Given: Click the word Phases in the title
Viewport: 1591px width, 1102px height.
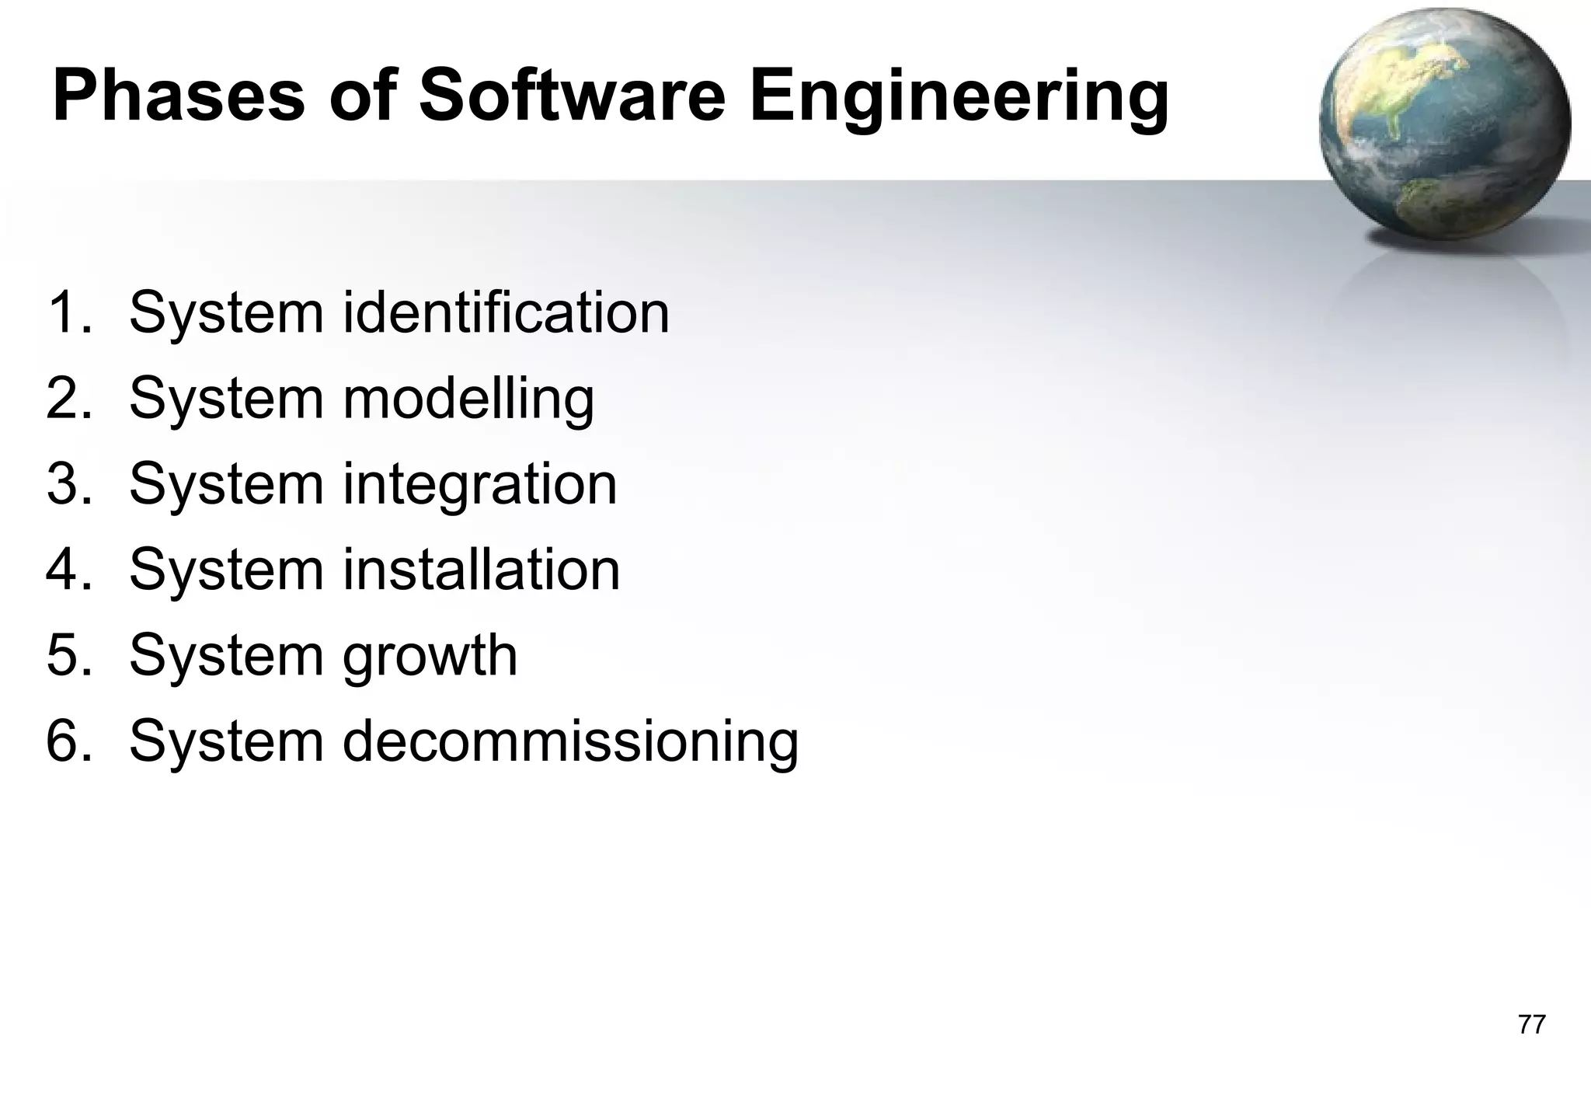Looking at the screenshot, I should pos(179,97).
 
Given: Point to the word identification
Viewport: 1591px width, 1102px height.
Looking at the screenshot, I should pos(506,312).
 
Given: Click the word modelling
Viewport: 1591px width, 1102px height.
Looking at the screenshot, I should pos(468,399).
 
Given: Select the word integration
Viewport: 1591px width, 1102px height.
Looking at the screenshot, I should pos(480,485).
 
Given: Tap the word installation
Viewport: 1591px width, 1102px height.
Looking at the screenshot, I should pos(482,570).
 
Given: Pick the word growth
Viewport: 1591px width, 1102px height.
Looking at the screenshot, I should pos(430,657).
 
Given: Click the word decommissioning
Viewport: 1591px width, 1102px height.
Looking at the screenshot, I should pos(570,742).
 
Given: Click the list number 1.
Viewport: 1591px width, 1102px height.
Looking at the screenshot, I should pos(69,312).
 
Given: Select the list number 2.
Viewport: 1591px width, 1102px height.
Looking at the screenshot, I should pos(69,399).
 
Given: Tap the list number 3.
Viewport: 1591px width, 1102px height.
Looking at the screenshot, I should pos(69,484).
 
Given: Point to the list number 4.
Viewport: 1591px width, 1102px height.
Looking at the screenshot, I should pos(69,570).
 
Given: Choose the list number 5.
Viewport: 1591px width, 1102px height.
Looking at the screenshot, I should pos(69,655).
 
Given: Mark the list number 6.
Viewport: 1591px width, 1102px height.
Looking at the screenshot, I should pos(69,741).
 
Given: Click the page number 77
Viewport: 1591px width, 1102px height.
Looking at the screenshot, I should pos(1531,1024).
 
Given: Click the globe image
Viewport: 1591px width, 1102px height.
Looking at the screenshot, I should pos(1443,124).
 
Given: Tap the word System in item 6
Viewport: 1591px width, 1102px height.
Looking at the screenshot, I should pos(226,742).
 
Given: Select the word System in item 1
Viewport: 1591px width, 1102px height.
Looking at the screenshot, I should pos(226,314).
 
